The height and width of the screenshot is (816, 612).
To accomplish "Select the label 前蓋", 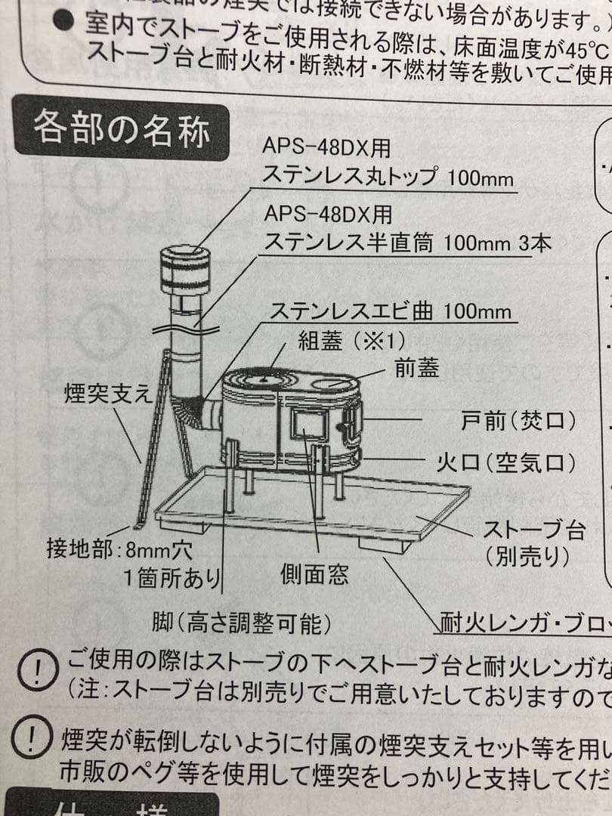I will pyautogui.click(x=416, y=368).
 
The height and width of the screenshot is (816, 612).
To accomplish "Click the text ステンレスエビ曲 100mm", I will pyautogui.click(x=391, y=311).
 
